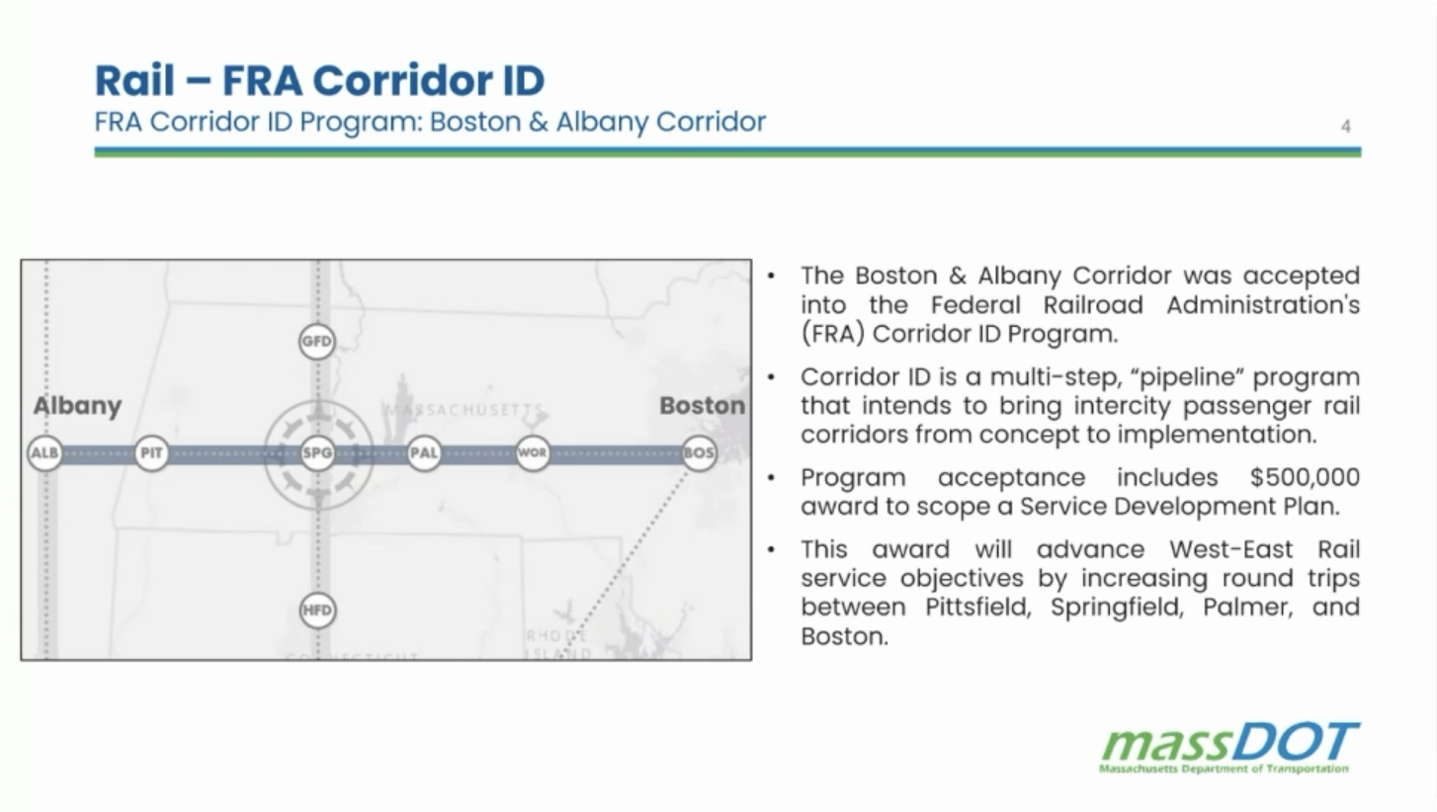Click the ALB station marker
[44, 452]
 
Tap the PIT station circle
[151, 452]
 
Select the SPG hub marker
[317, 452]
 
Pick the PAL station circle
[424, 452]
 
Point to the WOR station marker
[532, 452]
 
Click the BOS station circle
[699, 452]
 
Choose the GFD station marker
[317, 341]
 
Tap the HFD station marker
[317, 609]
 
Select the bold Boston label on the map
[703, 405]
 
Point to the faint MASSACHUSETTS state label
[464, 410]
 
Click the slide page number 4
[1346, 126]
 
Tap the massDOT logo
[1229, 747]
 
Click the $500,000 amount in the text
[1305, 478]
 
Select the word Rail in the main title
[134, 81]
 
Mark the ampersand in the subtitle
[539, 122]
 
